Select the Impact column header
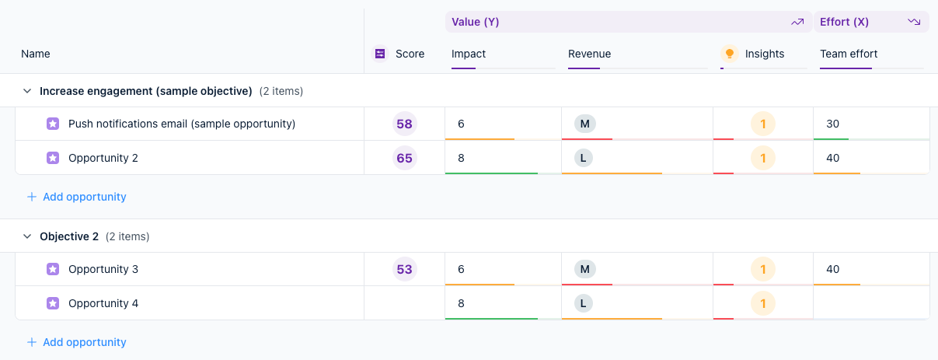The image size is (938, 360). click(469, 54)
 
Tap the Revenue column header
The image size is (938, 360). click(589, 54)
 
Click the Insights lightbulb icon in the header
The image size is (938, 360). click(729, 54)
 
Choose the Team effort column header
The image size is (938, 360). click(849, 54)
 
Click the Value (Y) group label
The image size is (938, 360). click(475, 22)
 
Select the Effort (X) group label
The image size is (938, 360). click(844, 22)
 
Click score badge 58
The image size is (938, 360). click(404, 124)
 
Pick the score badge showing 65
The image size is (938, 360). click(404, 158)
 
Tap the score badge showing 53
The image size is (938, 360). click(404, 269)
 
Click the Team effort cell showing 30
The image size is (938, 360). click(832, 124)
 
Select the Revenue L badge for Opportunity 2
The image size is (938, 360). click(584, 158)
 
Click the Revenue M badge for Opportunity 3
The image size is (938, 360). click(584, 269)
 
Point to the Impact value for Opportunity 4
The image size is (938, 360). click(461, 303)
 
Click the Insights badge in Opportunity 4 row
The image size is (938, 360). click(762, 303)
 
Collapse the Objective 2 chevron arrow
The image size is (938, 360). click(27, 236)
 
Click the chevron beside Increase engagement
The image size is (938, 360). click(27, 91)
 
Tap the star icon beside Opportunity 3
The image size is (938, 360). click(52, 269)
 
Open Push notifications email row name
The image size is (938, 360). click(181, 124)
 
